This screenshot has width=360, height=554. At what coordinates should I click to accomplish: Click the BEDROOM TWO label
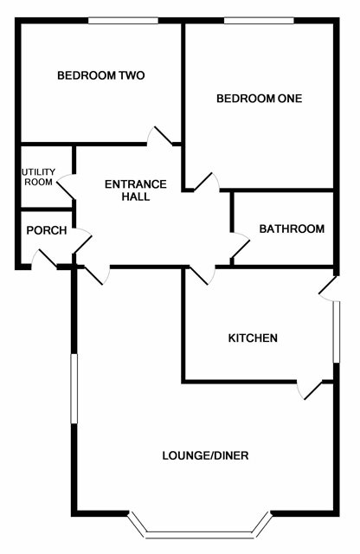(x=101, y=75)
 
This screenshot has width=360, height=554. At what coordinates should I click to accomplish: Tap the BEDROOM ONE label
(x=260, y=98)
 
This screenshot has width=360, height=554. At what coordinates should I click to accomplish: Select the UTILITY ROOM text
(x=39, y=177)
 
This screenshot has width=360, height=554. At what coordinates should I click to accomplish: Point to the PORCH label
(x=47, y=230)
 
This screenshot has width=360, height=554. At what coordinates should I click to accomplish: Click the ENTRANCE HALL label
(x=136, y=190)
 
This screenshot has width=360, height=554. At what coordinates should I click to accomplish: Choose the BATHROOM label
(x=292, y=229)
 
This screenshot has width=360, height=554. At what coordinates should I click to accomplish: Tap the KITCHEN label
(x=253, y=338)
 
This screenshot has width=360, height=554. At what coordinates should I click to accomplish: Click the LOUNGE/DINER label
(x=205, y=455)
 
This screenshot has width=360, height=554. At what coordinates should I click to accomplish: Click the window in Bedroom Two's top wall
(x=123, y=21)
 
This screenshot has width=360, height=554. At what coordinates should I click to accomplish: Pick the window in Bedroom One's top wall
(x=259, y=21)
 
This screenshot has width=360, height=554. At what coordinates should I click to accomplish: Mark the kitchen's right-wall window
(x=337, y=332)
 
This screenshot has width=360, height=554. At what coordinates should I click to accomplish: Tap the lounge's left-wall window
(x=74, y=389)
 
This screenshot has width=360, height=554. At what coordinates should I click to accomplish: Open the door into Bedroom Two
(x=160, y=136)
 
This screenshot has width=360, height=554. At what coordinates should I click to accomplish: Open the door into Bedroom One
(x=207, y=183)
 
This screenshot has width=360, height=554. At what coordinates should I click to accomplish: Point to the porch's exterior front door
(x=44, y=259)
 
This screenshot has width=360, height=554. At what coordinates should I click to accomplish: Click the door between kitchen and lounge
(x=310, y=390)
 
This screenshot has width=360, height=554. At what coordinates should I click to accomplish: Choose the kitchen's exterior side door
(x=330, y=288)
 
